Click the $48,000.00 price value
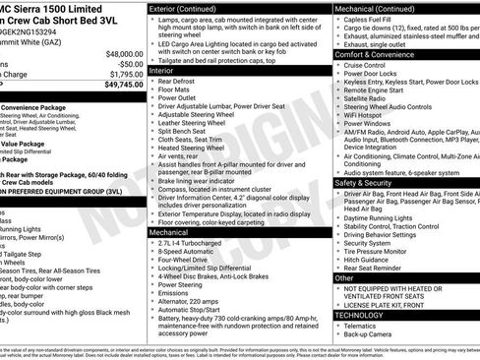click(124, 53)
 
